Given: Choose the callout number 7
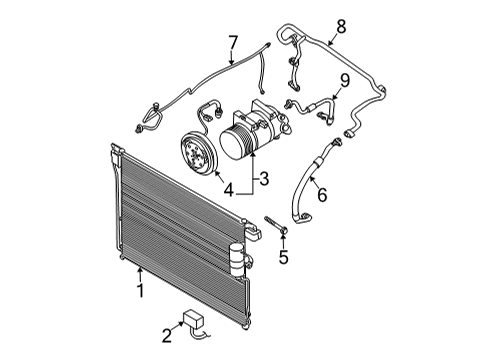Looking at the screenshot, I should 233,42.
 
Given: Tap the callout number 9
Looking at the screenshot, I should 343,79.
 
